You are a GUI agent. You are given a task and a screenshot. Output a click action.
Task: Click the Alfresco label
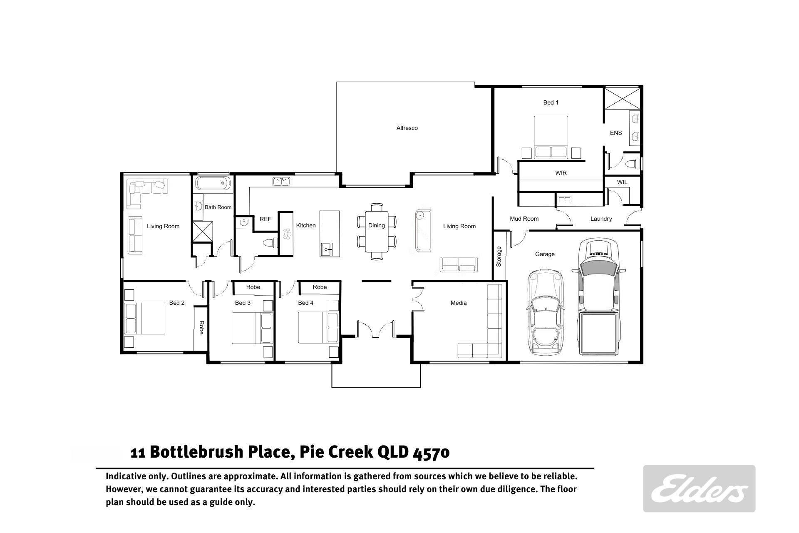pyautogui.click(x=407, y=128)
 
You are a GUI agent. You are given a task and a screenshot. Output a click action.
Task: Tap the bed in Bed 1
pyautogui.click(x=551, y=137)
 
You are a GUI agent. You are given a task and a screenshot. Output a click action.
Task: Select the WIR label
pyautogui.click(x=561, y=173)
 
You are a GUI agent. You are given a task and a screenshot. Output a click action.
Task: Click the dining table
pyautogui.click(x=377, y=232)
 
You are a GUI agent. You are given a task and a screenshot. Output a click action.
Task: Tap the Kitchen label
pyautogui.click(x=306, y=225)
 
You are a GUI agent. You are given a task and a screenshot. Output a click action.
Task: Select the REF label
pyautogui.click(x=265, y=219)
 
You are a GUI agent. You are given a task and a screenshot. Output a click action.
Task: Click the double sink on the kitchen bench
pyautogui.click(x=282, y=182)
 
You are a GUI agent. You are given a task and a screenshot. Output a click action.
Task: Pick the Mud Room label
pyautogui.click(x=524, y=219)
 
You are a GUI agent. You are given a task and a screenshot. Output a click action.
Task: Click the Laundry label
pyautogui.click(x=601, y=219)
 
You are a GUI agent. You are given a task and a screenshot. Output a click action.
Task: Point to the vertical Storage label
pyautogui.click(x=499, y=257)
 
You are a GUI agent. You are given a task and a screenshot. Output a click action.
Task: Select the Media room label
pyautogui.click(x=459, y=303)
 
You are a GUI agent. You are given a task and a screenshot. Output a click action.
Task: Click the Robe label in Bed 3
pyautogui.click(x=253, y=287)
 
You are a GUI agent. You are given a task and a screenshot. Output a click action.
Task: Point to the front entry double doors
pyautogui.click(x=376, y=329)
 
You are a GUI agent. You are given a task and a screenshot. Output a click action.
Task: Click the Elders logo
pyautogui.click(x=699, y=488)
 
